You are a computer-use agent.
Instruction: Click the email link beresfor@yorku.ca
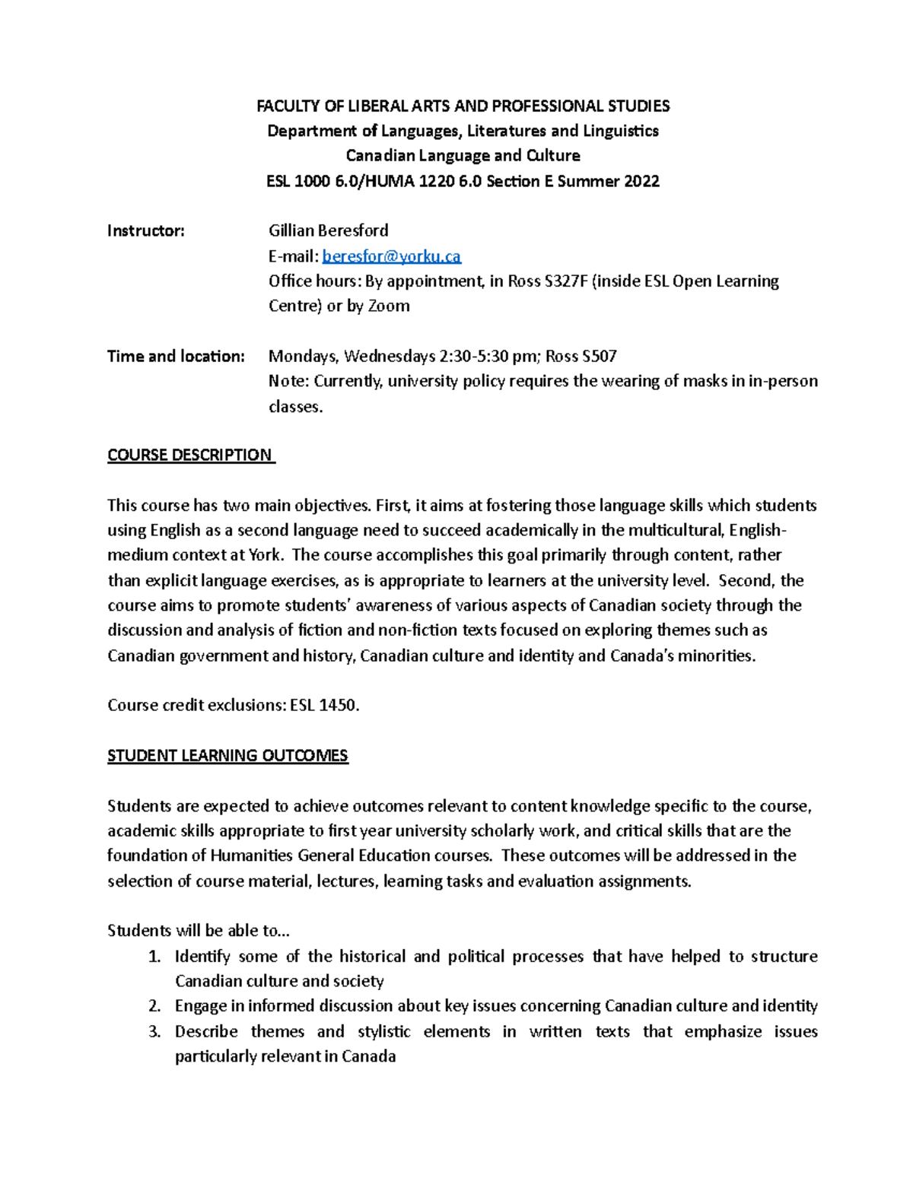(x=391, y=256)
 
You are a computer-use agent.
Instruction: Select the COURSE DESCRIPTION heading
(x=189, y=455)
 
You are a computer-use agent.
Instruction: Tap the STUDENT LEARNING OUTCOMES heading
(x=227, y=755)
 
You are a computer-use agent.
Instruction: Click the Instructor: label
(x=145, y=230)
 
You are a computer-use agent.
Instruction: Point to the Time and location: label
(x=176, y=356)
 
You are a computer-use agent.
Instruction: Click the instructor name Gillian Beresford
(x=328, y=230)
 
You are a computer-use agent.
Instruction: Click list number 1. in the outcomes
(x=154, y=956)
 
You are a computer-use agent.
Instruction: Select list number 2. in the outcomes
(x=154, y=1006)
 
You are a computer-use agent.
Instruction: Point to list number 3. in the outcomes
(x=154, y=1031)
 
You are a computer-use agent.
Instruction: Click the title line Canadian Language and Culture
(x=463, y=156)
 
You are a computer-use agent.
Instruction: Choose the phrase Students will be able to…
(x=199, y=931)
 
